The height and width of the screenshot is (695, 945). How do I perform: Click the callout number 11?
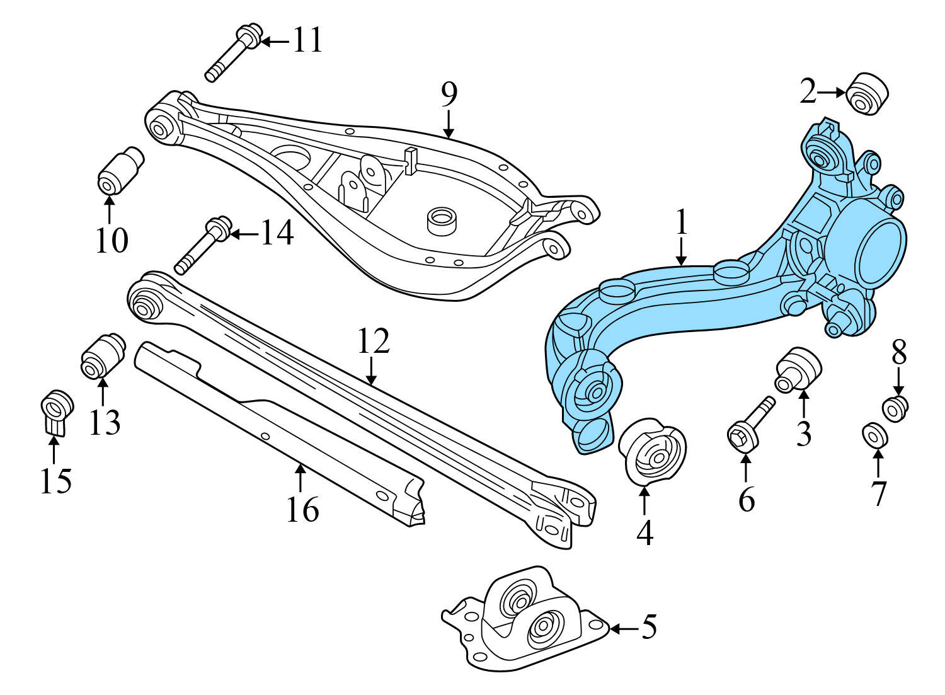pyautogui.click(x=308, y=40)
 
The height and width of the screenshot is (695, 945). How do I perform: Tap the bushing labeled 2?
pyautogui.click(x=868, y=93)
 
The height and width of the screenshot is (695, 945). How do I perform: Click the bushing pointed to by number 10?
pyautogui.click(x=120, y=171)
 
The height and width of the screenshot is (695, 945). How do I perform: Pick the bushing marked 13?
pyautogui.click(x=102, y=356)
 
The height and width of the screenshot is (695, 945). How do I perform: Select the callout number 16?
pyautogui.click(x=302, y=509)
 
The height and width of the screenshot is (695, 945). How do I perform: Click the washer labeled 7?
pyautogui.click(x=875, y=434)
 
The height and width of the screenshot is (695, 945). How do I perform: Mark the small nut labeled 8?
pyautogui.click(x=895, y=407)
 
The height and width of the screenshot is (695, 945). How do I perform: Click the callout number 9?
pyautogui.click(x=449, y=95)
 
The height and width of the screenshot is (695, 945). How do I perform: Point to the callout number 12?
pyautogui.click(x=374, y=341)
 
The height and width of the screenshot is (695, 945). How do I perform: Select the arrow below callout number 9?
pyautogui.click(x=448, y=124)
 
